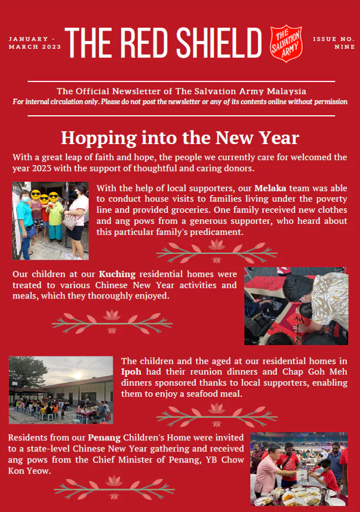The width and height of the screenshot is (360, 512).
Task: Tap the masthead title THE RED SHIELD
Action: tap(163, 42)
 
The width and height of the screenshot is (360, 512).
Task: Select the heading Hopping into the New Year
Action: tap(180, 137)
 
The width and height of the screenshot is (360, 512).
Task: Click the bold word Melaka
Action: tap(270, 188)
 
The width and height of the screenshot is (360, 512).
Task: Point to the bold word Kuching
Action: tap(117, 274)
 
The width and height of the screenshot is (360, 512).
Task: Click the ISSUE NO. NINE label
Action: tap(333, 43)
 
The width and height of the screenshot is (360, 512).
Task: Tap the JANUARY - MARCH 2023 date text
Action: tap(32, 43)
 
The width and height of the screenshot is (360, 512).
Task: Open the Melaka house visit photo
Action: tap(50, 221)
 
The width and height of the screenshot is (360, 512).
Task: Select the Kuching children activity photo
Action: tap(296, 306)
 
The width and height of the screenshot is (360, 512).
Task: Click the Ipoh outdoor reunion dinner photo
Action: tap(61, 390)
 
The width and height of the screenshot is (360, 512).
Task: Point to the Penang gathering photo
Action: tap(299, 469)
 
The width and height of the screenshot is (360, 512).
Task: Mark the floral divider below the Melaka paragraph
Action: tap(217, 250)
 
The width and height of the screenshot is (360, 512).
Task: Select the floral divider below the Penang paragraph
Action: tap(114, 487)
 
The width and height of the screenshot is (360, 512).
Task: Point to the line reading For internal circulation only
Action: tap(180, 102)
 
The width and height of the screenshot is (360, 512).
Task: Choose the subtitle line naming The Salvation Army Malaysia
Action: tap(181, 91)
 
